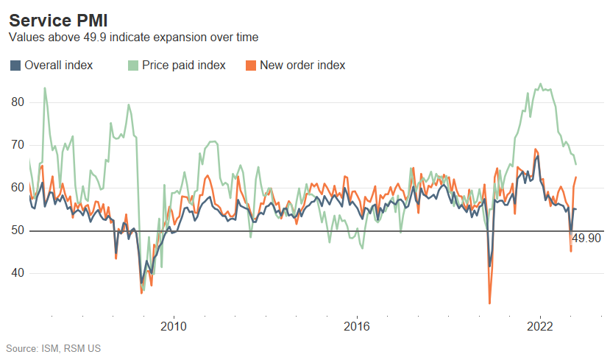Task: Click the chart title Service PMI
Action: point(58,20)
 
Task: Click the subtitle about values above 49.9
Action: point(133,37)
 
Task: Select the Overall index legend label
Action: point(59,66)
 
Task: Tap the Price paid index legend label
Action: point(184,66)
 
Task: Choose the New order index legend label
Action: point(302,66)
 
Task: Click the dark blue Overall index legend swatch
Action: point(15,66)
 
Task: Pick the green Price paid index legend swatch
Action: point(133,66)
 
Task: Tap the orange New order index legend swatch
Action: point(251,66)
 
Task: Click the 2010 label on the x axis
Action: point(173,326)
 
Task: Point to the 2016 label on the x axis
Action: point(357,326)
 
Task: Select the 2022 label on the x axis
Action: point(541,326)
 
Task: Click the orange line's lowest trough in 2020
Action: point(489,303)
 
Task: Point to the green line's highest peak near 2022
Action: point(541,84)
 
